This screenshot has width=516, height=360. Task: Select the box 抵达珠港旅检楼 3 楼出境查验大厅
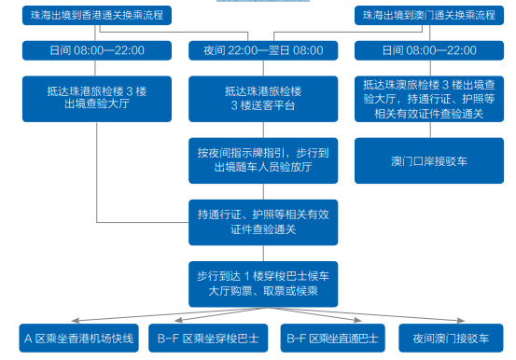[x=95, y=99]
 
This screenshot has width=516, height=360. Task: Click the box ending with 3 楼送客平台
[x=257, y=99]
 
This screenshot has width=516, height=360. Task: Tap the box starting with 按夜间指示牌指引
[x=257, y=159]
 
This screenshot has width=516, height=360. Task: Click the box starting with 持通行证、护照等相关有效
[x=257, y=219]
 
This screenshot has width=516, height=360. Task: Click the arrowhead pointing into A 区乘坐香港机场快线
[x=78, y=319]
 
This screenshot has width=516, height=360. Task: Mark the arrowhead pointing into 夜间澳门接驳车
[x=450, y=319]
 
